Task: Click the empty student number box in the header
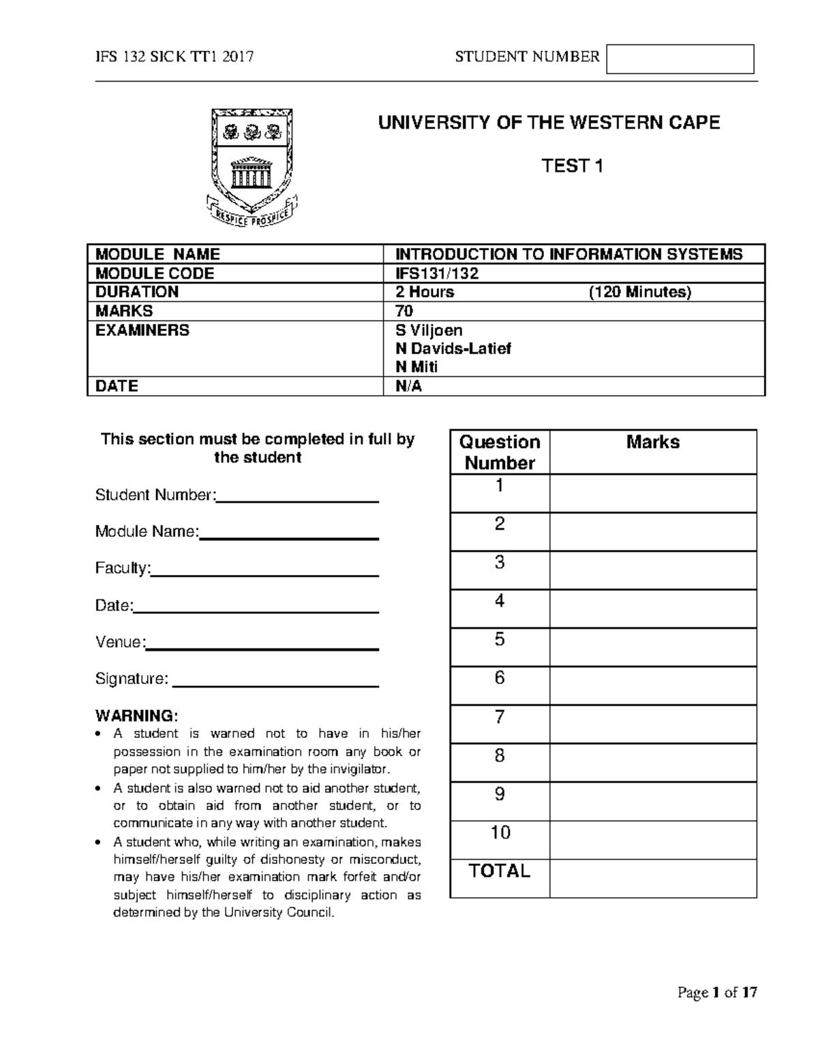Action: (x=680, y=59)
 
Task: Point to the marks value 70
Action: (x=404, y=311)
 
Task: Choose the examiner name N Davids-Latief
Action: (x=453, y=349)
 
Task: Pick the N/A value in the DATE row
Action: (x=409, y=386)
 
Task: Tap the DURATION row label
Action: (x=136, y=292)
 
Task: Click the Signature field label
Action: (x=131, y=679)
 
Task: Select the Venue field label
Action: (x=120, y=642)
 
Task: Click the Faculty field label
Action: (x=122, y=568)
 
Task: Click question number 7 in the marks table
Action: (x=500, y=717)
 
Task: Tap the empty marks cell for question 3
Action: (x=652, y=570)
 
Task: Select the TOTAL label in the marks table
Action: (x=500, y=871)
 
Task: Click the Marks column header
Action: (x=652, y=442)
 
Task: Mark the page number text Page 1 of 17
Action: (x=717, y=993)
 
